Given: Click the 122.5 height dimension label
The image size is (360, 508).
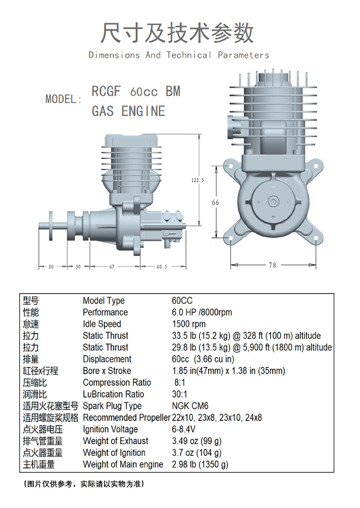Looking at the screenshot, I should (x=198, y=180).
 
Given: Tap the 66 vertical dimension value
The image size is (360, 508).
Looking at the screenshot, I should (x=215, y=203).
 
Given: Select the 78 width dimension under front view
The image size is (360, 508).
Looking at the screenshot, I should (x=272, y=265).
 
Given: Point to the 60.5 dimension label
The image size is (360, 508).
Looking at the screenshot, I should (x=162, y=267).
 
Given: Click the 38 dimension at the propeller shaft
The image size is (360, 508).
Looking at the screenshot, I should (x=51, y=267).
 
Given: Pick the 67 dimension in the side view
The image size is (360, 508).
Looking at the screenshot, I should (x=112, y=267).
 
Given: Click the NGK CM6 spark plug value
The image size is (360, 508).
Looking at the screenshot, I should (x=190, y=406).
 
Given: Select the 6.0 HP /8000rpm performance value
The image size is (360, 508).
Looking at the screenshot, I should (x=202, y=312).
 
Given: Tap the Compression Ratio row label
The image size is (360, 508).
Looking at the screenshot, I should (x=117, y=383).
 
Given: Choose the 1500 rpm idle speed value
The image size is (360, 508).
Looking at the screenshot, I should (x=189, y=324).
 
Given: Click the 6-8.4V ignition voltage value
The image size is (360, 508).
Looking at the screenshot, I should (x=183, y=429).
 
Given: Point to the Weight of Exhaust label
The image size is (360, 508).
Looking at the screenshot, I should (x=115, y=441).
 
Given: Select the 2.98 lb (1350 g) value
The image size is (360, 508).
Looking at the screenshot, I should (x=200, y=464).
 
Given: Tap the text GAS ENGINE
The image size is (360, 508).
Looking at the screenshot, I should (x=128, y=111).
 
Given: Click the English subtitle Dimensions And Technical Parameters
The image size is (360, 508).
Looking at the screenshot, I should (x=179, y=55).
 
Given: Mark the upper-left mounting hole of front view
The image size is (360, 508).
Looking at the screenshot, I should (x=231, y=166).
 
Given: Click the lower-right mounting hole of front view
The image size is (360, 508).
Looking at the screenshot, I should (x=316, y=238).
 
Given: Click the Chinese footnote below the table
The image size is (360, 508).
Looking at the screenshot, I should (x=84, y=484).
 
